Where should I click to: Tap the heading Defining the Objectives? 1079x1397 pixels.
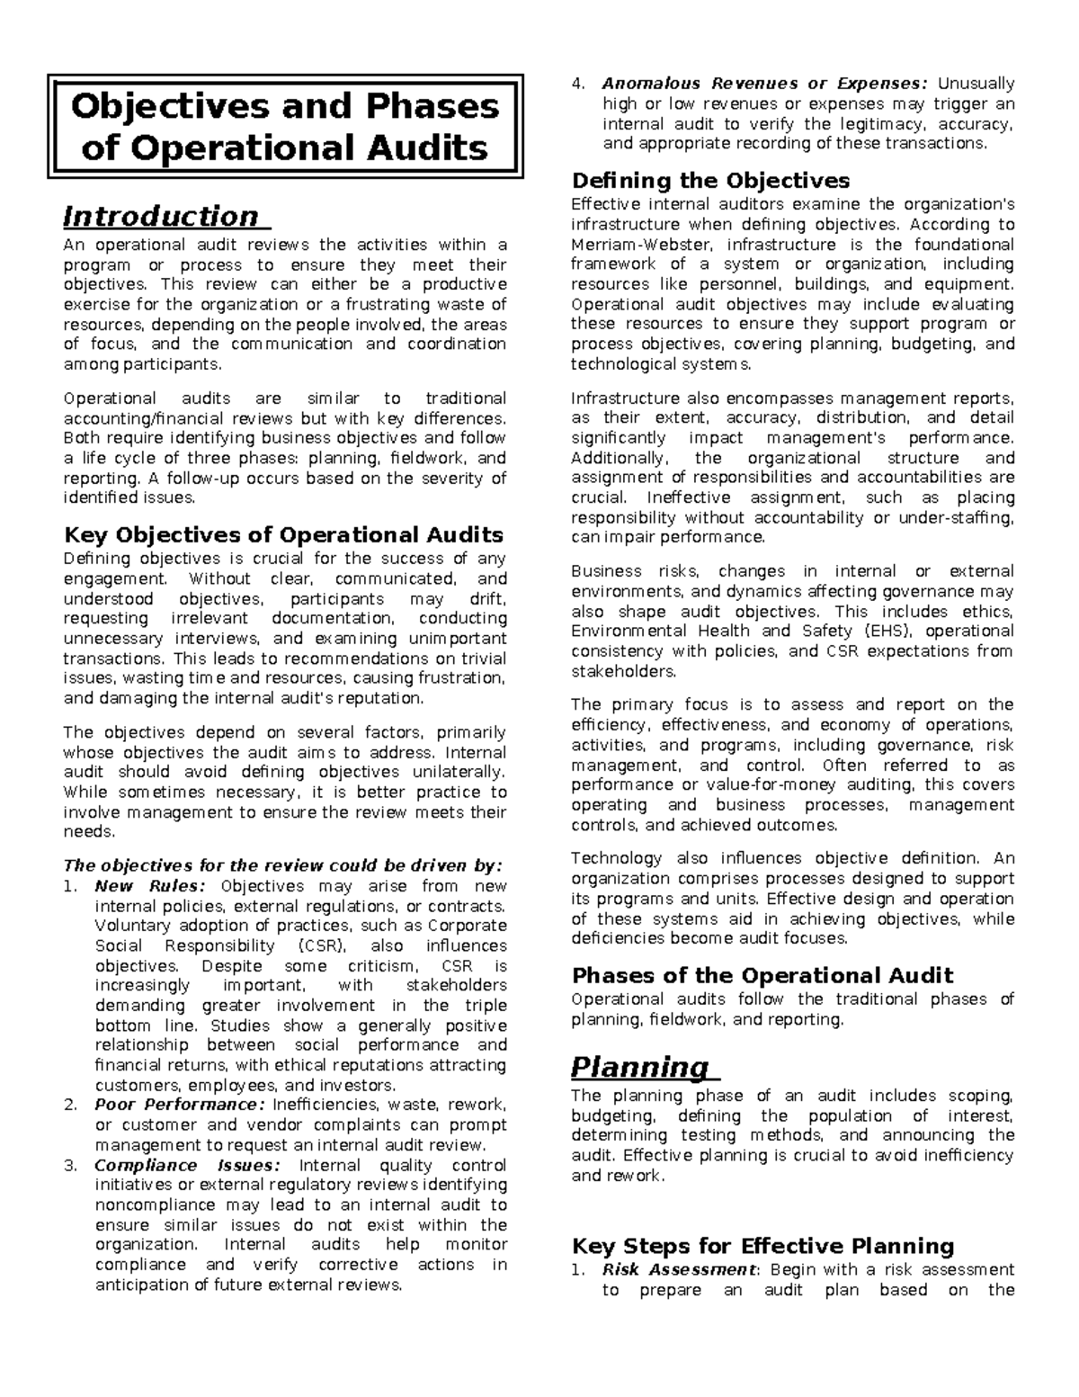coord(710,181)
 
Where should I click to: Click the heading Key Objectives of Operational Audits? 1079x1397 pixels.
coord(283,535)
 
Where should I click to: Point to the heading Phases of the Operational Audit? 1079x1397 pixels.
coord(762,976)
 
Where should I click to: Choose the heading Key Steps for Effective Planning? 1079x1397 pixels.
coord(762,1246)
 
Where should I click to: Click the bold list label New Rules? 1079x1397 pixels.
coord(149,886)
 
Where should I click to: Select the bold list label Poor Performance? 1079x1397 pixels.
coord(180,1105)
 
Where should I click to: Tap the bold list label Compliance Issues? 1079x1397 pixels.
coord(188,1165)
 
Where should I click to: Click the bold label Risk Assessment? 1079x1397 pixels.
coord(679,1269)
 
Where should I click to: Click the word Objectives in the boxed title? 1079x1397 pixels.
coord(168,106)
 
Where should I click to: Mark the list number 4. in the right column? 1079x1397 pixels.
coord(579,84)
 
